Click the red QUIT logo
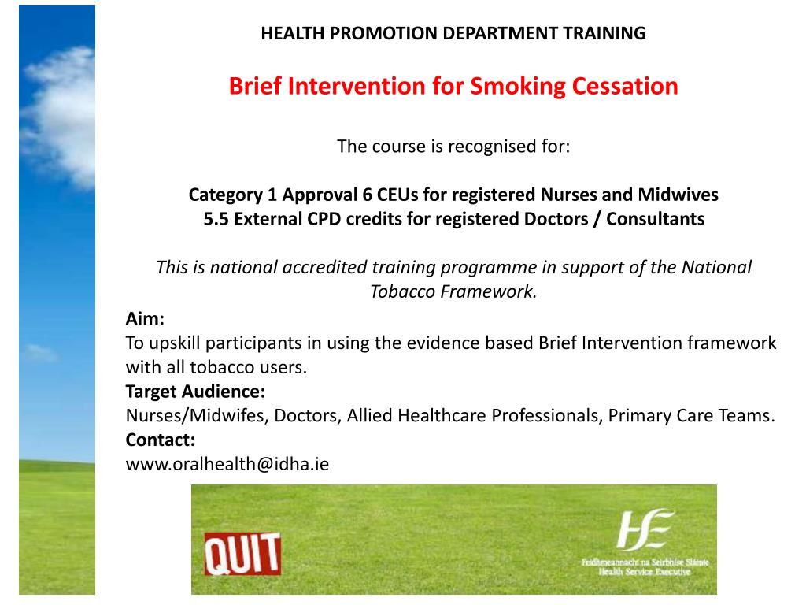pyautogui.click(x=242, y=553)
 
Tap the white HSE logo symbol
pyautogui.click(x=645, y=529)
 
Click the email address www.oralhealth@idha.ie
pyautogui.click(x=227, y=464)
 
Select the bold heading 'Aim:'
pyautogui.click(x=145, y=319)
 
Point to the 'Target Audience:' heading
pyautogui.click(x=195, y=392)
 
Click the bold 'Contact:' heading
pyautogui.click(x=161, y=440)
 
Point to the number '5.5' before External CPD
pyautogui.click(x=216, y=219)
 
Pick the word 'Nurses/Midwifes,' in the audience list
pyautogui.click(x=198, y=416)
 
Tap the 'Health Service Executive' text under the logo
pyautogui.click(x=645, y=573)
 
